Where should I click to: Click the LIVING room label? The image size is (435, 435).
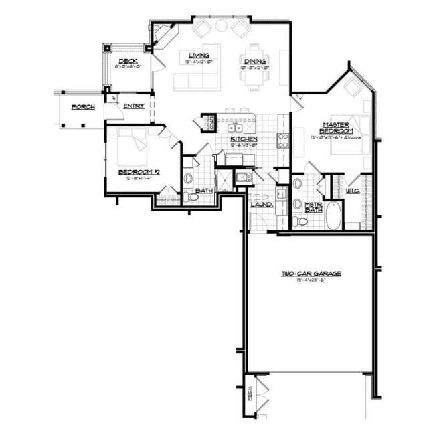coord(197,55)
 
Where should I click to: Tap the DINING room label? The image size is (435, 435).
coord(255,62)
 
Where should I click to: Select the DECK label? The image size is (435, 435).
coord(128,61)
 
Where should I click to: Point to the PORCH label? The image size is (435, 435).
coord(83,106)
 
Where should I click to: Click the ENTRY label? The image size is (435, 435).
coord(134,106)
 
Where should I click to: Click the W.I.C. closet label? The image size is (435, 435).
coord(353,191)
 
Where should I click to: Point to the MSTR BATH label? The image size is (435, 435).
coord(314,207)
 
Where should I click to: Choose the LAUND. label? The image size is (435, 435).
coord(261,204)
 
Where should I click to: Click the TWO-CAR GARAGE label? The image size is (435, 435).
coord(311,274)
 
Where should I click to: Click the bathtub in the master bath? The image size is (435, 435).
coord(333,215)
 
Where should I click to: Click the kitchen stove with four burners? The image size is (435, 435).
coord(282,141)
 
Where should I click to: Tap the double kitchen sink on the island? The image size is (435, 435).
coord(235,127)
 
